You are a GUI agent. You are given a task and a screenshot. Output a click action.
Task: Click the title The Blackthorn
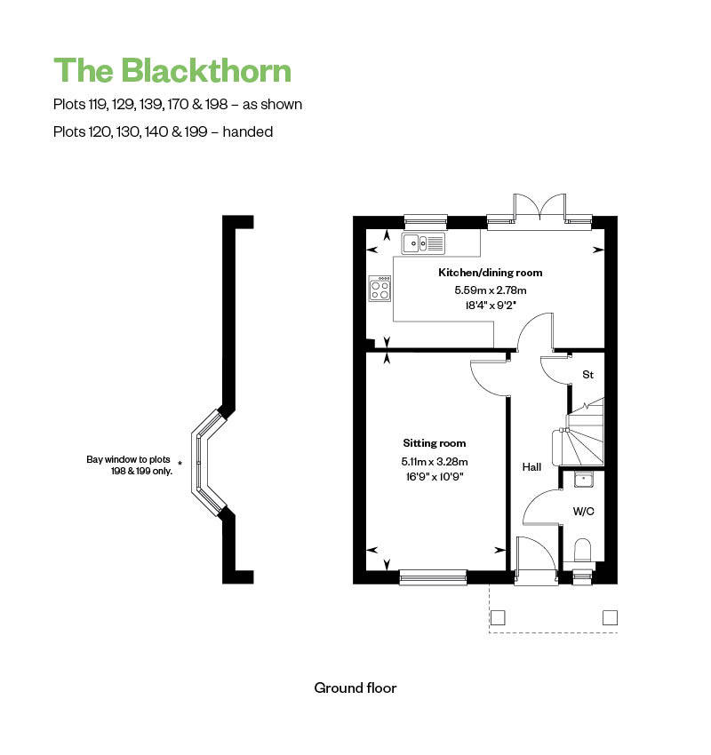172,70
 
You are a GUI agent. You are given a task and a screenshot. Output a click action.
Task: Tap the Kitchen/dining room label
490,273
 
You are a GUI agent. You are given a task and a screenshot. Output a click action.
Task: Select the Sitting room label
434,443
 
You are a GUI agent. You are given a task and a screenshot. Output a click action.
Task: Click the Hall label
531,466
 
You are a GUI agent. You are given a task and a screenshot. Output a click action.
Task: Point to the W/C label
583,511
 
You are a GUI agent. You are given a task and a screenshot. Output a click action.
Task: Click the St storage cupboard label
587,376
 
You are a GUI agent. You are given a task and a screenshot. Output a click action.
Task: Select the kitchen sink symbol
423,242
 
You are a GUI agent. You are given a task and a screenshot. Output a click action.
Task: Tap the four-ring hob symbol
379,289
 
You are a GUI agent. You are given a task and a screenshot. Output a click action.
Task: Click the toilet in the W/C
583,550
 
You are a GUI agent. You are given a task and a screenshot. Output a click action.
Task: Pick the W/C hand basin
583,481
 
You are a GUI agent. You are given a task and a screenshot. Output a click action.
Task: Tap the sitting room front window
433,577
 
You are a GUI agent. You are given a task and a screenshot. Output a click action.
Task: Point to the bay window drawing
210,462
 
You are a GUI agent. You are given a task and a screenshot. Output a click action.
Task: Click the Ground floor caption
355,687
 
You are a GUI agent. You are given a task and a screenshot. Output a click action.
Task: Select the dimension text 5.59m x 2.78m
490,290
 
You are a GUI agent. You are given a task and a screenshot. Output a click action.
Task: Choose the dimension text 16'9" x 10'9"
434,477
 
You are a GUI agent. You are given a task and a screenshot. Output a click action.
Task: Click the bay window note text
129,465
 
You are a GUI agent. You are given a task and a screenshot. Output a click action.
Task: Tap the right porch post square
610,616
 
